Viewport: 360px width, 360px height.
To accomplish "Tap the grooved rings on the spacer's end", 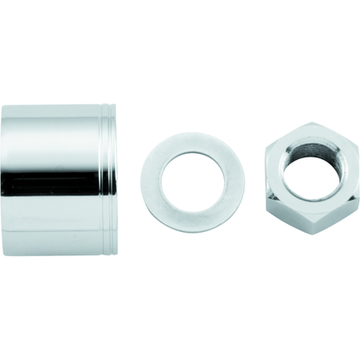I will click(x=108, y=180).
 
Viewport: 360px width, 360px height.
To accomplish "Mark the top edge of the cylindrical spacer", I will click(x=56, y=106).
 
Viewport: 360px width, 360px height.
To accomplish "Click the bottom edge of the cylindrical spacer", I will click(x=56, y=254).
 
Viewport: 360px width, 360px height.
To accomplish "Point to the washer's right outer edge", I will click(x=243, y=182).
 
